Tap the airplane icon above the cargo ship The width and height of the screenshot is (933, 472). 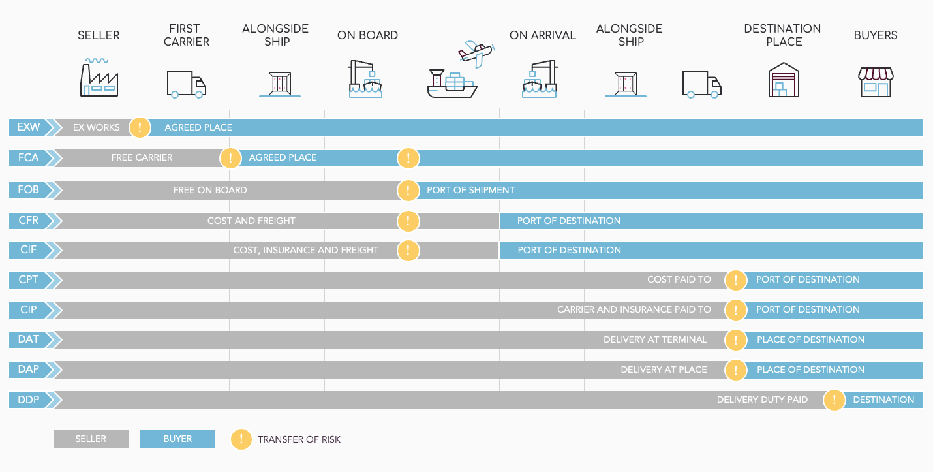coord(476,54)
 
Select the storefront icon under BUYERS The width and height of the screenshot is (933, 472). coord(876,82)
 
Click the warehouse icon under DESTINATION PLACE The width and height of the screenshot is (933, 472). coord(784,80)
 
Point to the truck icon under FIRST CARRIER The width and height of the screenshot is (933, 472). coord(186,84)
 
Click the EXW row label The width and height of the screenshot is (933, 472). coord(28,127)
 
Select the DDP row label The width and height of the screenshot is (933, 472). coord(28,400)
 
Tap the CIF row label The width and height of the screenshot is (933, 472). coord(28,249)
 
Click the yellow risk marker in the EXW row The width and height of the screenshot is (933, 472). coord(140,127)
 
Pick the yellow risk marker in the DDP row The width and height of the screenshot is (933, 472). coord(834,400)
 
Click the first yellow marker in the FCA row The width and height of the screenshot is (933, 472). coord(230,158)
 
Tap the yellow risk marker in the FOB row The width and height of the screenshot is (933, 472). coord(408,191)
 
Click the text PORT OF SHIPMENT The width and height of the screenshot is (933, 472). coord(470,190)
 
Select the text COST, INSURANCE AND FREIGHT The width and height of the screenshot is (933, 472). coord(306,250)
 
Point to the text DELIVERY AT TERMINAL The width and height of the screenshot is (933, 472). coord(655,339)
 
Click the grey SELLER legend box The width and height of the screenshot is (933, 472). coord(91,439)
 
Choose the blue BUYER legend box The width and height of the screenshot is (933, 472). coord(177,439)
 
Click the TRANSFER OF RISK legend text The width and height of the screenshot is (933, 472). coord(299,439)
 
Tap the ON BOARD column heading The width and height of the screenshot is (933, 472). coord(367,35)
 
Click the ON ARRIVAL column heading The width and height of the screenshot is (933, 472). coord(543,35)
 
